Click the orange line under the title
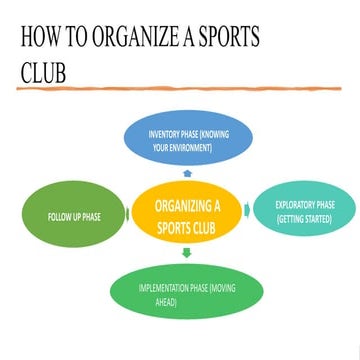click(x=180, y=90)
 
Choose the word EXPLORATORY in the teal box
click(x=296, y=205)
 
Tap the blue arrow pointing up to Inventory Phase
click(x=182, y=170)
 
